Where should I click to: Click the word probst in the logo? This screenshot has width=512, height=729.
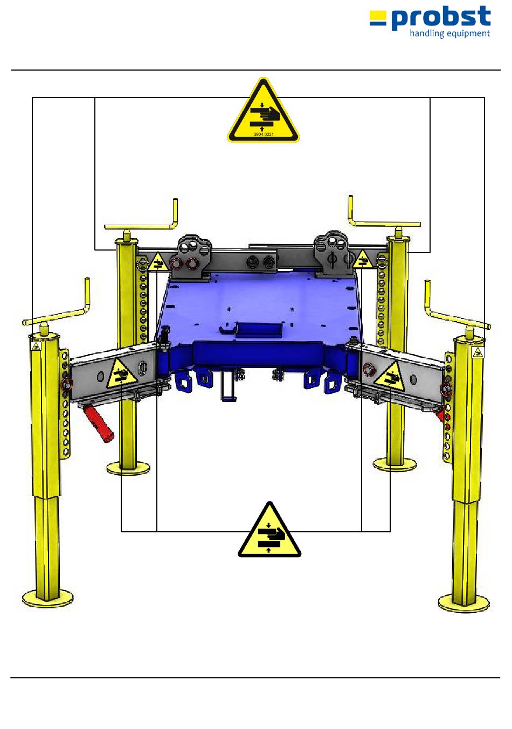point(441,18)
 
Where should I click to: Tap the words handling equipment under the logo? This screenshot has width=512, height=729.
point(449,34)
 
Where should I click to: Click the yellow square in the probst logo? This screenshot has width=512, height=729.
point(378,15)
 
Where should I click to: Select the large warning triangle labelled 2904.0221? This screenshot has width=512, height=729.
point(263,110)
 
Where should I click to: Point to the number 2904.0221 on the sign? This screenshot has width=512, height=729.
point(264,134)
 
